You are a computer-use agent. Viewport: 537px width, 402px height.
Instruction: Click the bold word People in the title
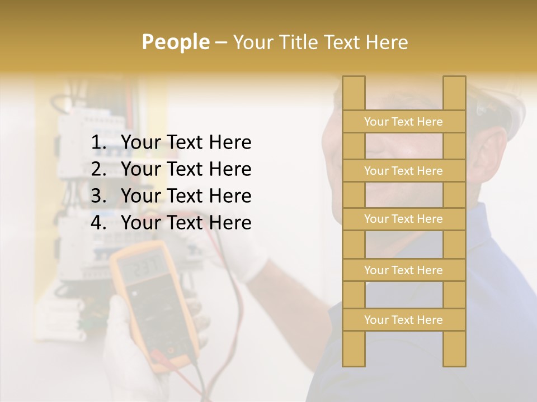click(x=175, y=42)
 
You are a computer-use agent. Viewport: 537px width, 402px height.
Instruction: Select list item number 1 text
click(x=186, y=143)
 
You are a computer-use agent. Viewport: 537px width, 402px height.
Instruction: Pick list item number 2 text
click(x=186, y=169)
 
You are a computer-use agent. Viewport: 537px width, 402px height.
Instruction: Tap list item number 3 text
click(x=186, y=196)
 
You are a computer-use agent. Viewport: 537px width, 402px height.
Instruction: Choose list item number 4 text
click(x=186, y=223)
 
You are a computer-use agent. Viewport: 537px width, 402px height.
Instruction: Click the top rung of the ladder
click(x=404, y=122)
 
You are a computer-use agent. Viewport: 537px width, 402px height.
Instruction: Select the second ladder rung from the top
click(x=404, y=171)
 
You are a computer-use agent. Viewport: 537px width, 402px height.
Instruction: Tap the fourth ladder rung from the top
click(x=404, y=270)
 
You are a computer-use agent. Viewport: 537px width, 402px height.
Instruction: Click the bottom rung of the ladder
click(x=404, y=320)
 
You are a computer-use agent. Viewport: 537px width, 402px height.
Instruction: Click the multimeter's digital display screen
click(x=144, y=267)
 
